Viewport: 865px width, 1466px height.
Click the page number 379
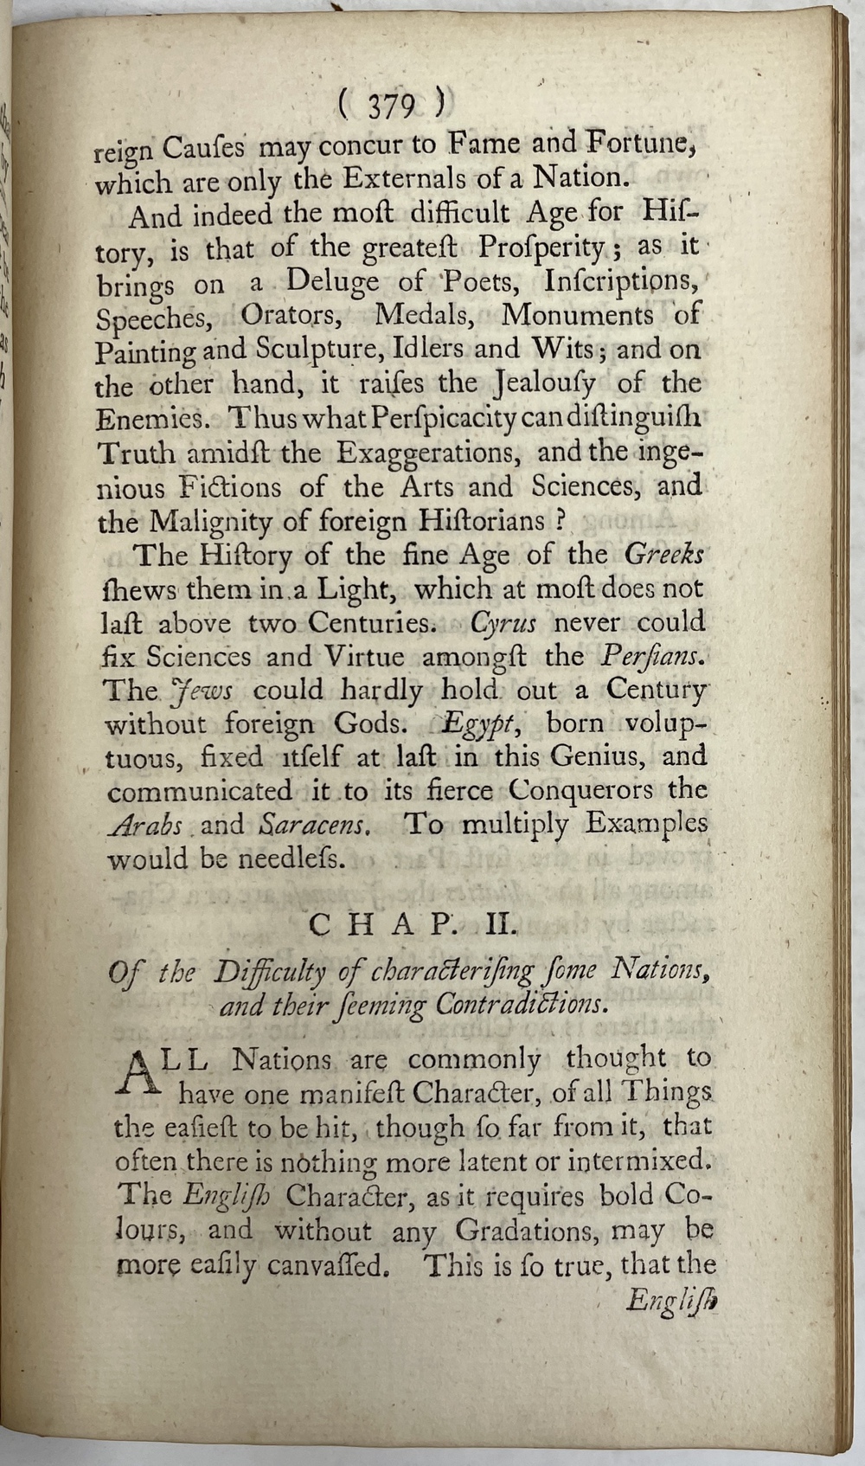tap(391, 107)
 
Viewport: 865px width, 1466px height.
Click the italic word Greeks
tap(663, 554)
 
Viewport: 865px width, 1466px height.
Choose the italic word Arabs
tap(144, 825)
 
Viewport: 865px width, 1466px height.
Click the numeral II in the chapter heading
tap(502, 925)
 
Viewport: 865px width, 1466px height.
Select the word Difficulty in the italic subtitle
tap(269, 973)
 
